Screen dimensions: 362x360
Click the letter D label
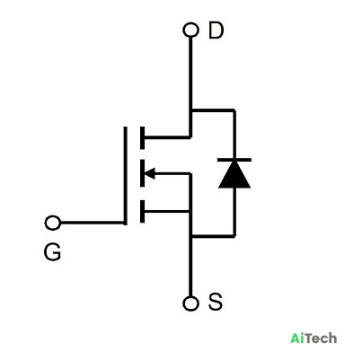pyautogui.click(x=216, y=31)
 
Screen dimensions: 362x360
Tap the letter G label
pyautogui.click(x=52, y=252)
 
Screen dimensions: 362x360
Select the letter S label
pyautogui.click(x=216, y=302)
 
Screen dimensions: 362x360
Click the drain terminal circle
pyautogui.click(x=190, y=31)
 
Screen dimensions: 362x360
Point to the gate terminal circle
pyautogui.click(x=53, y=223)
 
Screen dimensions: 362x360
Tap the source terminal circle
pyautogui.click(x=190, y=303)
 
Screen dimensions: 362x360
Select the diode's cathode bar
pyautogui.click(x=234, y=160)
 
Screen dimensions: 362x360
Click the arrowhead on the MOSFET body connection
pyautogui.click(x=150, y=173)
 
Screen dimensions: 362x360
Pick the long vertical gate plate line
pyautogui.click(x=125, y=176)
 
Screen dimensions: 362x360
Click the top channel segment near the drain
pyautogui.click(x=142, y=137)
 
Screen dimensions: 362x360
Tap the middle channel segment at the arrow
pyautogui.click(x=142, y=173)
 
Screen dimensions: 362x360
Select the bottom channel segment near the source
pyautogui.click(x=142, y=212)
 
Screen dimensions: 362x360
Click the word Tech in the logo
pyautogui.click(x=321, y=338)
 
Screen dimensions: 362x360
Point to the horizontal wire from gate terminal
pyautogui.click(x=93, y=223)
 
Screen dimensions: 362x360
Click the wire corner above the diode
pyautogui.click(x=234, y=110)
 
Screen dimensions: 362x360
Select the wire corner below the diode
pyautogui.click(x=234, y=236)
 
